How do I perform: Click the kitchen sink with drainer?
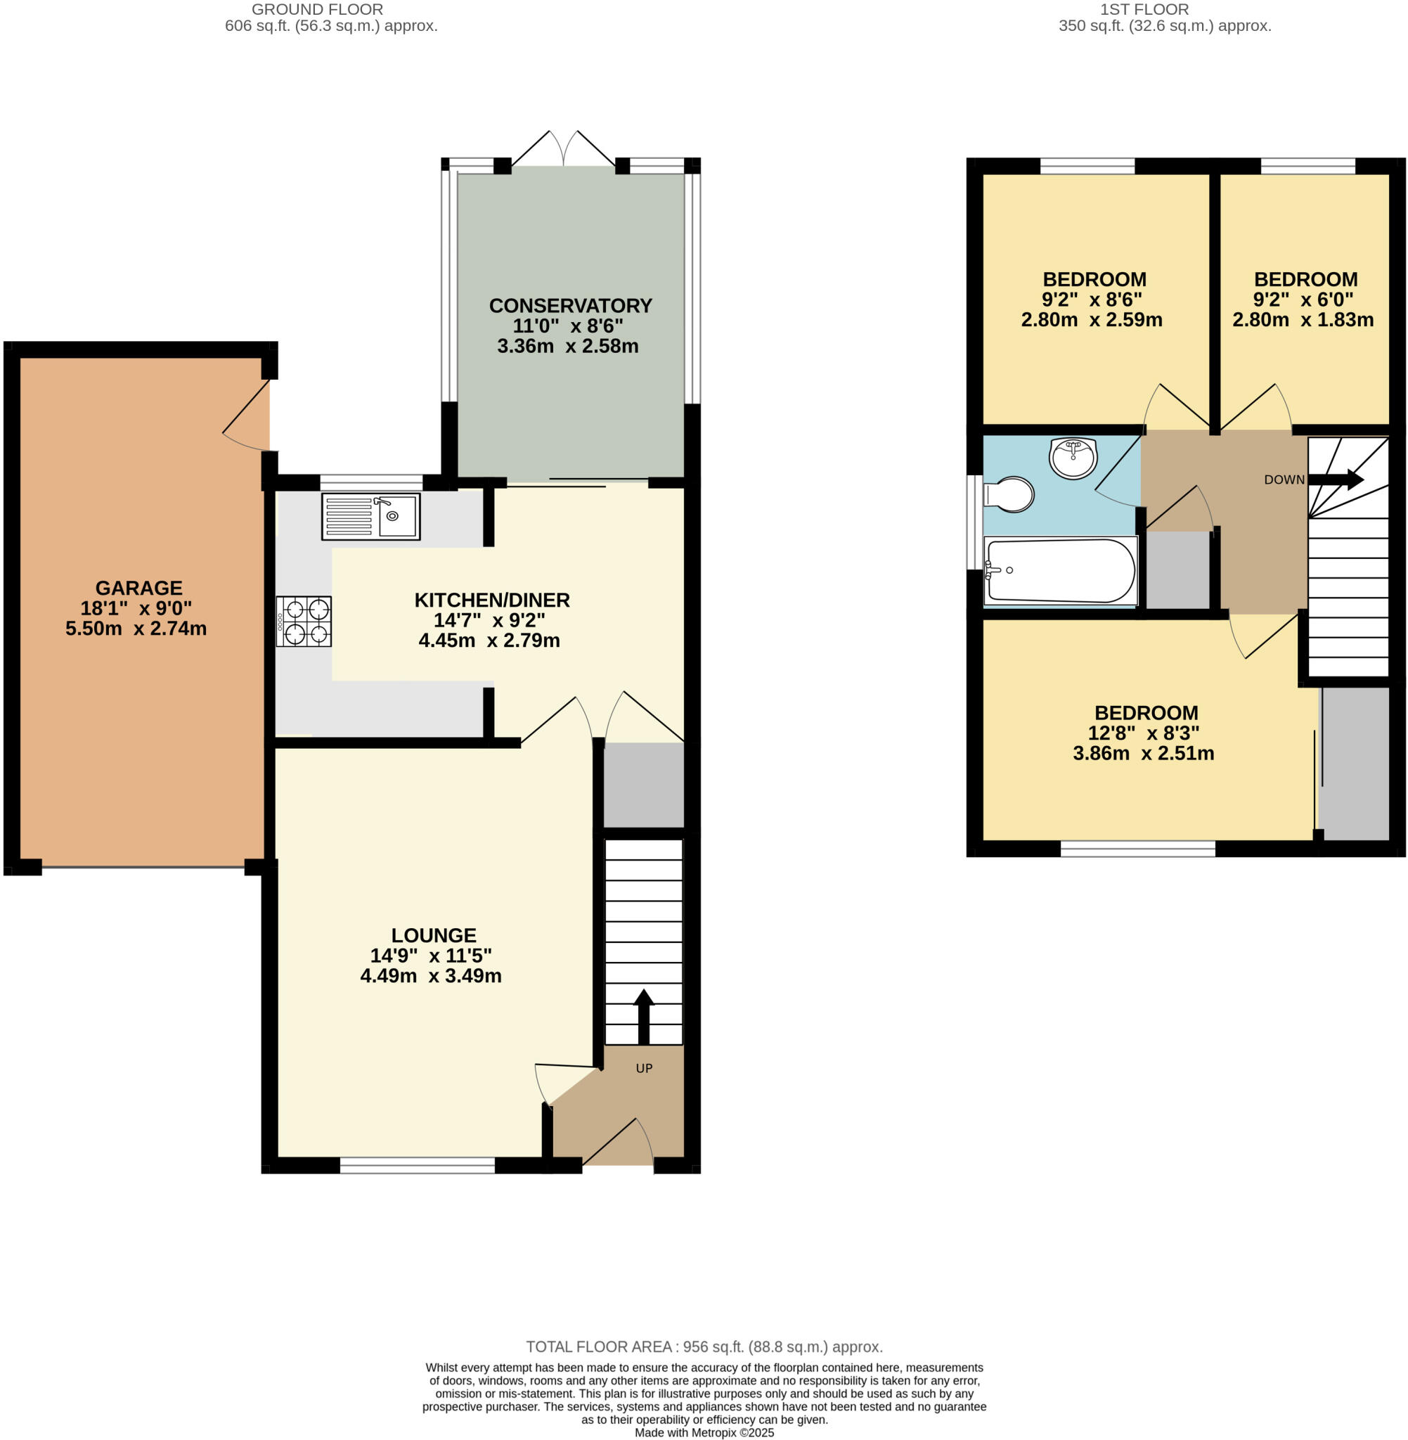pyautogui.click(x=370, y=516)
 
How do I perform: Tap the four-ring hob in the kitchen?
pyautogui.click(x=304, y=622)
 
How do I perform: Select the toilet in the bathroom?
pyautogui.click(x=1009, y=494)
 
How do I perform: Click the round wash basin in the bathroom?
pyautogui.click(x=1072, y=458)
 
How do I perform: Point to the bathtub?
pyautogui.click(x=1060, y=570)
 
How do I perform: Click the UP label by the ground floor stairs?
pyautogui.click(x=644, y=1068)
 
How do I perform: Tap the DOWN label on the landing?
pyautogui.click(x=1284, y=480)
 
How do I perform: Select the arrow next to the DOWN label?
pyautogui.click(x=1336, y=480)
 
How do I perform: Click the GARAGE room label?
pyautogui.click(x=138, y=588)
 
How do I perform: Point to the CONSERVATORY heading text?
pyautogui.click(x=570, y=305)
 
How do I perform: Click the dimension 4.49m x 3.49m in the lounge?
pyautogui.click(x=430, y=975)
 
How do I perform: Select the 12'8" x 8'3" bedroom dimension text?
pyautogui.click(x=1143, y=733)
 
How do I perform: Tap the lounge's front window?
pyautogui.click(x=417, y=1166)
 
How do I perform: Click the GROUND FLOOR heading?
pyautogui.click(x=317, y=10)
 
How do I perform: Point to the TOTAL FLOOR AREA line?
pyautogui.click(x=704, y=1346)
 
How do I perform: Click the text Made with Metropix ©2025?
pyautogui.click(x=704, y=1432)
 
